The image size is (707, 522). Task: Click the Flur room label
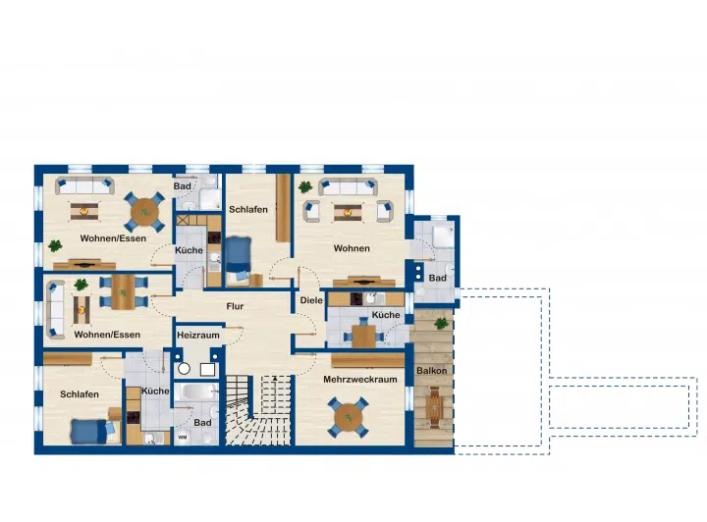pos(235,306)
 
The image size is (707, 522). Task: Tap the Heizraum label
pos(198,336)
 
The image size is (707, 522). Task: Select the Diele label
pos(311,300)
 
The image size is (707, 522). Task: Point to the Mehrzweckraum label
pos(359,379)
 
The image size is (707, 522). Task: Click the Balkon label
pos(431,371)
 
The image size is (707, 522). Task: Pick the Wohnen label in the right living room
pos(352,248)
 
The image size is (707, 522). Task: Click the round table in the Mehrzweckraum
pos(349,418)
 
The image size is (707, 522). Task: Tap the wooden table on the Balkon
pos(434,405)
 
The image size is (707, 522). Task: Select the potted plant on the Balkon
pos(441,323)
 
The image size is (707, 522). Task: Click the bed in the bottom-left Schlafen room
pos(93,431)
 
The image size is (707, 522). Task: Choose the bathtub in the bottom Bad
pos(196,391)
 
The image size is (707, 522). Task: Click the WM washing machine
pos(183,437)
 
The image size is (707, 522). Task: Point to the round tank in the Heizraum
pos(184,369)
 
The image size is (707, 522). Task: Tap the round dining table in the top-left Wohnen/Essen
pos(144,212)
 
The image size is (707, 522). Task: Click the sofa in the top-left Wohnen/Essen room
pos(84,185)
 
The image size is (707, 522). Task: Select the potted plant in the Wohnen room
pos(304,186)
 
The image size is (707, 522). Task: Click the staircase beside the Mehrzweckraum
pos(258,410)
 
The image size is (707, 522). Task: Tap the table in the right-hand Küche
pos(363,336)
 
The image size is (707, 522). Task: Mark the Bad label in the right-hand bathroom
pos(437,279)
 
